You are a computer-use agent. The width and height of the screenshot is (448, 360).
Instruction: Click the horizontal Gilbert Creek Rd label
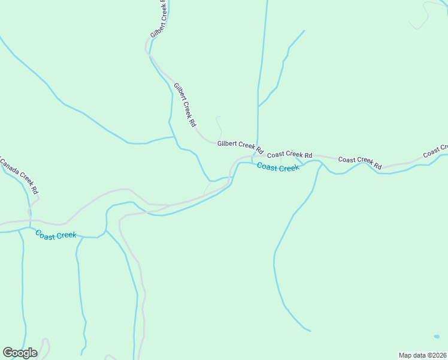coord(240,146)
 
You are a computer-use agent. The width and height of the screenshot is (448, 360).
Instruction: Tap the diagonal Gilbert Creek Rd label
coord(185,104)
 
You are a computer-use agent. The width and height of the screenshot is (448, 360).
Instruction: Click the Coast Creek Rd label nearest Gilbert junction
coord(289,155)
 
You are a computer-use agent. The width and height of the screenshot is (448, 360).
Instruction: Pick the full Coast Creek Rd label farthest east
coord(360,161)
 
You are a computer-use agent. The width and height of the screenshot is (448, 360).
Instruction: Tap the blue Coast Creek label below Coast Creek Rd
coord(278,167)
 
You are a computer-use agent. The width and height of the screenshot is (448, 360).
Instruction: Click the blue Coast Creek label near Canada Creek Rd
coord(56,235)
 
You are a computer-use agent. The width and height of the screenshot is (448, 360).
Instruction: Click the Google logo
coord(20,353)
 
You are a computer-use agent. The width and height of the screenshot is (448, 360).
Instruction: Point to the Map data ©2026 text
coord(422,355)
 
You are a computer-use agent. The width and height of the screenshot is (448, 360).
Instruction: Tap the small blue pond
coord(437,336)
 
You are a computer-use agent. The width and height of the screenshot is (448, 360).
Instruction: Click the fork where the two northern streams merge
coord(258,106)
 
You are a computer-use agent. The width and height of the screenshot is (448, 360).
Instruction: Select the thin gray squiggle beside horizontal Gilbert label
coord(219,126)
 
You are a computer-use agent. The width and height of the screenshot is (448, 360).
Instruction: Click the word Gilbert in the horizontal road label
coord(228,144)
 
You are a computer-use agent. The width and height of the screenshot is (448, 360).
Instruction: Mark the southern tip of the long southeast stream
coord(310,331)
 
